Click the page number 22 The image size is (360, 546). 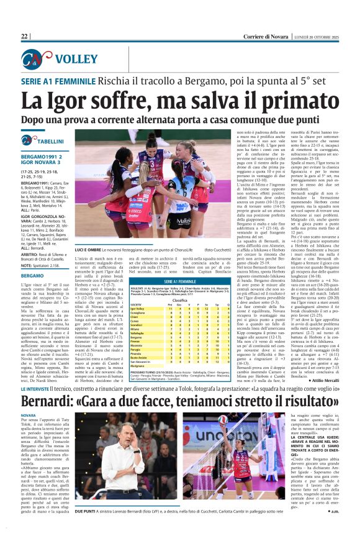point(25,37)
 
